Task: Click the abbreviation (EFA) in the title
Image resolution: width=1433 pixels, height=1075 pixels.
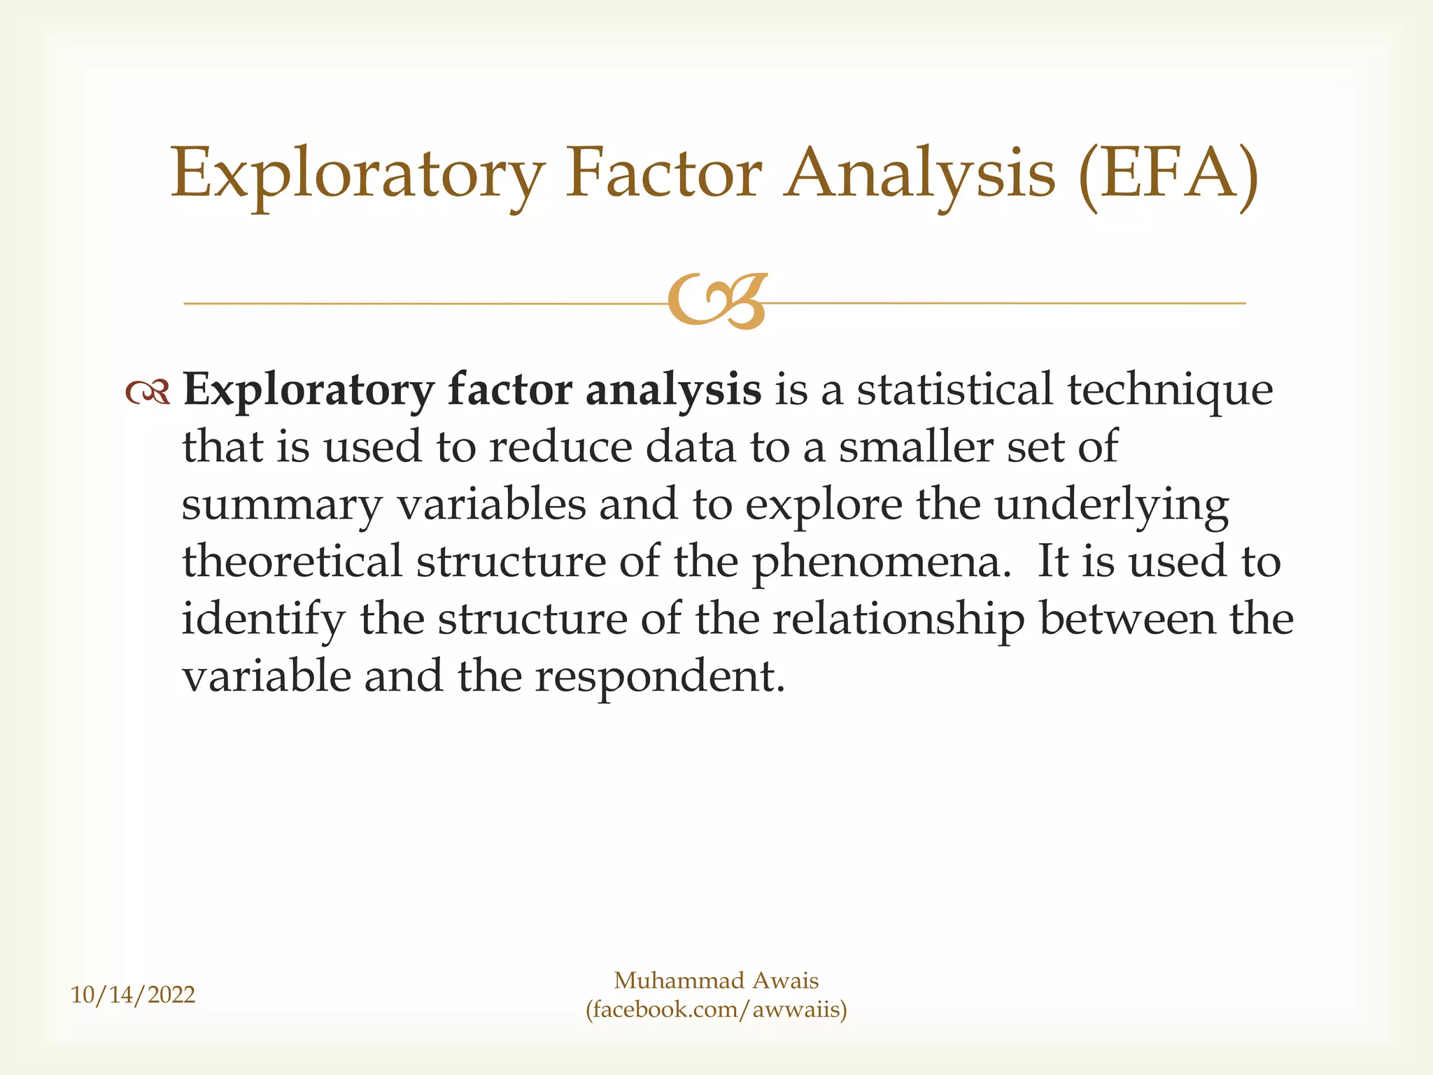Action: tap(1168, 174)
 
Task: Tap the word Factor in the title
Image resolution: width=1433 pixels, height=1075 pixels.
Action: tap(663, 173)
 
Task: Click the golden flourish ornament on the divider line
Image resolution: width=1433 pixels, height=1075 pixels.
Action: tap(717, 302)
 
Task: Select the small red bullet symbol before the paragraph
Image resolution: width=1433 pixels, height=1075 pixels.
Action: tap(148, 393)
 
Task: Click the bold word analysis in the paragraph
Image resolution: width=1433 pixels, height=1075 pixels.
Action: tap(672, 391)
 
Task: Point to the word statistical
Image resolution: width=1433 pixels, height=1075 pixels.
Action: tap(954, 389)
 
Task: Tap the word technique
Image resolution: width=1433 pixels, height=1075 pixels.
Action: tap(1169, 391)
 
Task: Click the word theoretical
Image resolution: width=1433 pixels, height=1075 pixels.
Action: tap(292, 561)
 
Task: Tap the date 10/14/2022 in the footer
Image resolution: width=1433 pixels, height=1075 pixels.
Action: tap(133, 995)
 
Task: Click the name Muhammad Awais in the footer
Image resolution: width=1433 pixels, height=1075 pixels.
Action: tap(716, 981)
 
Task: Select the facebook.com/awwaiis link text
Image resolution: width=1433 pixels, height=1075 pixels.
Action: tap(716, 1010)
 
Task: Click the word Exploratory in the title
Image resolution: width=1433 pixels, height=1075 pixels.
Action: tap(358, 174)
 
